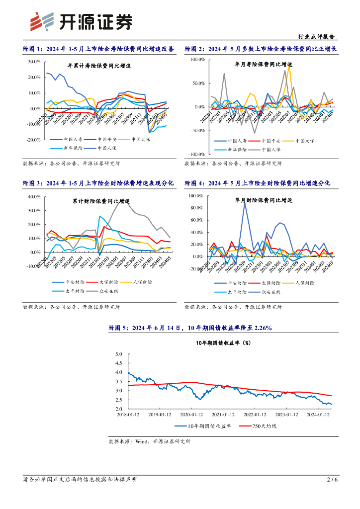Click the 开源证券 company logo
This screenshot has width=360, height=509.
pyautogui.click(x=82, y=20)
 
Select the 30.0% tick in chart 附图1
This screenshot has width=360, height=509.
pyautogui.click(x=34, y=62)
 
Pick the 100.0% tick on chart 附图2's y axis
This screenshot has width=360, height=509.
pyautogui.click(x=197, y=60)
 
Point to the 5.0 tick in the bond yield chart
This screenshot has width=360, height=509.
pyautogui.click(x=118, y=354)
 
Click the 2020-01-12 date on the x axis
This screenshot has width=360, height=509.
pyautogui.click(x=191, y=415)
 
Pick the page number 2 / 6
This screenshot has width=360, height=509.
pyautogui.click(x=332, y=479)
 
